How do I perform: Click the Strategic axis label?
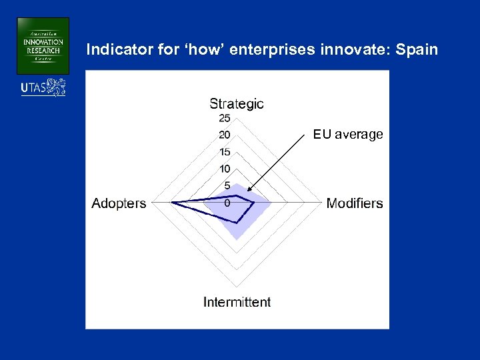point(237,104)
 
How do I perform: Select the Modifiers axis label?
point(355,203)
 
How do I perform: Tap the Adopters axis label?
point(119,203)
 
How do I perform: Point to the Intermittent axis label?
point(237,302)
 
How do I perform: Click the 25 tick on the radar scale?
point(225,119)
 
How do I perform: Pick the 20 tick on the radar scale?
point(225,135)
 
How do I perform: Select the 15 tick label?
point(225,152)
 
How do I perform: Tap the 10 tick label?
point(225,169)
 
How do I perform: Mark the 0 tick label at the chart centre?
point(227,203)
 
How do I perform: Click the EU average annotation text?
point(348,135)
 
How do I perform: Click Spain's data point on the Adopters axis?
point(173,201)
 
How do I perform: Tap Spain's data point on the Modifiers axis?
point(254,201)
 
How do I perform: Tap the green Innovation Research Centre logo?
point(43,45)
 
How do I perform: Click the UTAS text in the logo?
point(33,88)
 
